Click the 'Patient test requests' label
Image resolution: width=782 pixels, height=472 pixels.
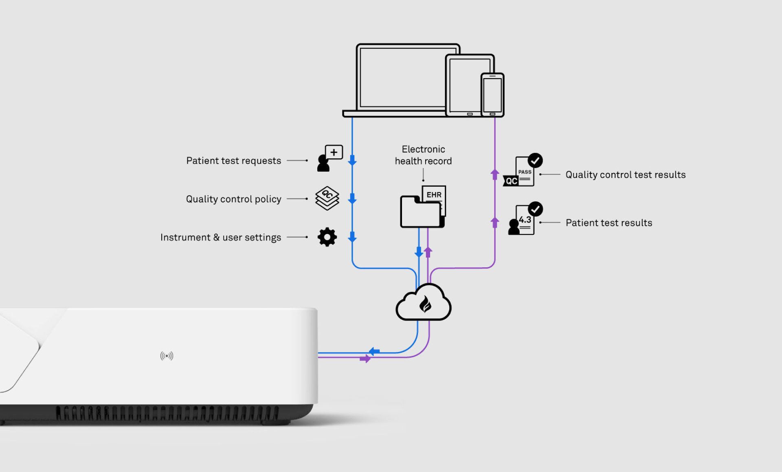click(233, 161)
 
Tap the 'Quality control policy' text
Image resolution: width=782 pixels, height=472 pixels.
click(233, 199)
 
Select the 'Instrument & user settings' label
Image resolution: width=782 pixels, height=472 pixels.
click(220, 237)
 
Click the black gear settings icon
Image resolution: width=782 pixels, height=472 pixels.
click(327, 237)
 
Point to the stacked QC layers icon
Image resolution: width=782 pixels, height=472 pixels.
click(327, 198)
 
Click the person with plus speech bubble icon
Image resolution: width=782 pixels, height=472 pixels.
click(329, 159)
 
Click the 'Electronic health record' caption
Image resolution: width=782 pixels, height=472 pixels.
click(423, 155)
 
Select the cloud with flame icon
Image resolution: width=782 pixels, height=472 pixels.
click(424, 303)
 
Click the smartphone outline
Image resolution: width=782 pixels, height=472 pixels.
click(492, 95)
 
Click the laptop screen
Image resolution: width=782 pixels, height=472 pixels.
click(401, 77)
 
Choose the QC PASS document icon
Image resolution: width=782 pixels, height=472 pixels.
click(523, 171)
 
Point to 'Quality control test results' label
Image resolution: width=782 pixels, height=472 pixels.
click(625, 175)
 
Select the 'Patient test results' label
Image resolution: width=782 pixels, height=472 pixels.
click(608, 223)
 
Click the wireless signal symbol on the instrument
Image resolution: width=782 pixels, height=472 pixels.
click(167, 356)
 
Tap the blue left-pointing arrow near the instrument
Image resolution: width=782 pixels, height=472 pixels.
click(374, 352)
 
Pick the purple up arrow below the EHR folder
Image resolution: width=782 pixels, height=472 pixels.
click(428, 252)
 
